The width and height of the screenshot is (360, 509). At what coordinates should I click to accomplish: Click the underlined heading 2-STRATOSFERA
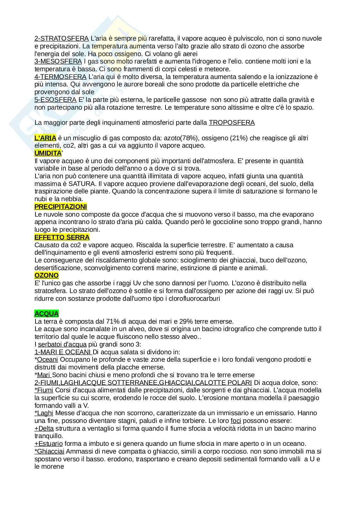pos(61,38)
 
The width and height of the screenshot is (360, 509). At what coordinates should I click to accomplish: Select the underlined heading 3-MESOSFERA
pos(58,61)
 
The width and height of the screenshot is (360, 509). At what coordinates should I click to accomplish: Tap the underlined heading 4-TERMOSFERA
pos(60,77)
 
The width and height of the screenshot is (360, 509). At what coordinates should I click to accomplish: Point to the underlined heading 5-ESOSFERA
pos(55,100)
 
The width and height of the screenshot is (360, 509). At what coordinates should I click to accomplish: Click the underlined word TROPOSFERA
pos(232,122)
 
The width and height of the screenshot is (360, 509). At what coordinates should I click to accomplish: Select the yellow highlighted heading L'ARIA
pos(45,138)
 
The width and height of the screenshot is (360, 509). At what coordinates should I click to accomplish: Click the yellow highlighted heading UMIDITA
pos(48,153)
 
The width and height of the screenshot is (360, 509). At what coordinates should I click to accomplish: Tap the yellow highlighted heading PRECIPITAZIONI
pos(61,207)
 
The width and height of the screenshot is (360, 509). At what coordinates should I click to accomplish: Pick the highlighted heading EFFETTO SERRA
pos(62,237)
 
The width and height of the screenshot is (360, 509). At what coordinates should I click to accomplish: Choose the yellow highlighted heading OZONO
pos(46,275)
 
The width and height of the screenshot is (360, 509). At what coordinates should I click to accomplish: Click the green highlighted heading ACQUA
pos(46,314)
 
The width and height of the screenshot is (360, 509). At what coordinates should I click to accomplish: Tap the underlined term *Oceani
pos(46,359)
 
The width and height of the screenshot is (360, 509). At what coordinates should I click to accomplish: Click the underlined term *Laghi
pos(44,413)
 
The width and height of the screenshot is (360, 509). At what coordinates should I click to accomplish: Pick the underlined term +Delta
pos(44,428)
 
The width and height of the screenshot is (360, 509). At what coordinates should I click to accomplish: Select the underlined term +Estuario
pos(49,444)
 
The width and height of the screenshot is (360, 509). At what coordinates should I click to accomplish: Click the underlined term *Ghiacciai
pos(49,451)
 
